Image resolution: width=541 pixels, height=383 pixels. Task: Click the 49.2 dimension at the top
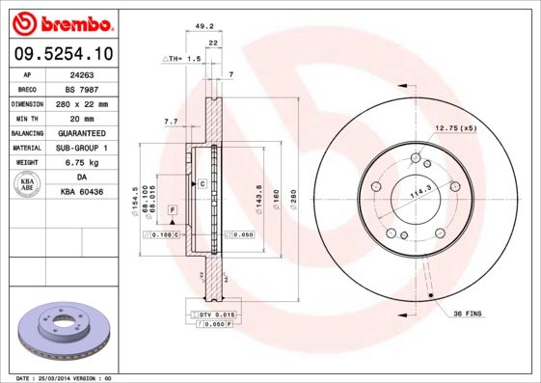point(203,28)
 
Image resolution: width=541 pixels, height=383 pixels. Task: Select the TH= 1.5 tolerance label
point(182,59)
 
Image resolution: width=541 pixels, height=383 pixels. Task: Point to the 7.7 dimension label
point(172,121)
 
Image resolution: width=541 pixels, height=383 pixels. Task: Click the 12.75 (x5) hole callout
point(456,127)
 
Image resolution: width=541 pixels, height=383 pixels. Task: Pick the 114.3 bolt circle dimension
point(419,191)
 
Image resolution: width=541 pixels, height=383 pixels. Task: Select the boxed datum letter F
point(172,209)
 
